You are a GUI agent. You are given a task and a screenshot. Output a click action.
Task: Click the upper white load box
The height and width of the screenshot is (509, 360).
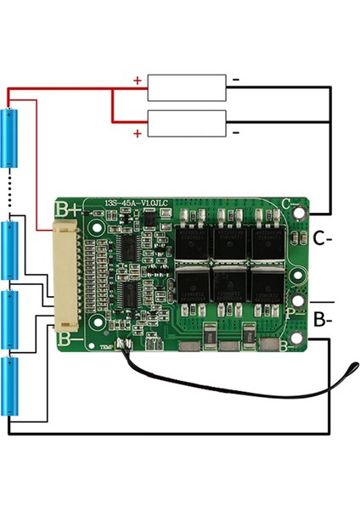coord(187,87)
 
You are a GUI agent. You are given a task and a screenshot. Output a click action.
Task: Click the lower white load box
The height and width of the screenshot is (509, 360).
coord(187,123)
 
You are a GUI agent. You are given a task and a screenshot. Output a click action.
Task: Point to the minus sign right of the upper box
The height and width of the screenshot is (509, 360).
coord(236,81)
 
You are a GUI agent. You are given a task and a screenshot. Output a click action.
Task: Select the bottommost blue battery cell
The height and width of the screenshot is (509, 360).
coord(12,386)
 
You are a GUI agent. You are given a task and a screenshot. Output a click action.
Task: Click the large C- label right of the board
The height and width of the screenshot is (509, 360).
coord(322,238)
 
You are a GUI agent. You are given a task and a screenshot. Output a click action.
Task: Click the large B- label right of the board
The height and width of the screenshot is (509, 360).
coord(322,320)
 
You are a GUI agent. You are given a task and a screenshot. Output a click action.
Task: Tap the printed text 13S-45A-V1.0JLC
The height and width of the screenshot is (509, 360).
coord(136,202)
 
